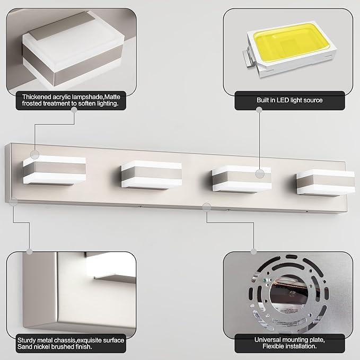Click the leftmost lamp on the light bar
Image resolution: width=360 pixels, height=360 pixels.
pyautogui.click(x=55, y=170)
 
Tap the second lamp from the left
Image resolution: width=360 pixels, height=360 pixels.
pyautogui.click(x=152, y=175)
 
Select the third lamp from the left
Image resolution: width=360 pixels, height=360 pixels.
pyautogui.click(x=242, y=179)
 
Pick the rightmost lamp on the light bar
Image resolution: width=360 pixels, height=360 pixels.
pyautogui.click(x=326, y=182)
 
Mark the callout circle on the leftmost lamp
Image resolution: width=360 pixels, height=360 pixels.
pyautogui.click(x=35, y=155)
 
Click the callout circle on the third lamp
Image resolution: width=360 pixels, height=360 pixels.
pyautogui.click(x=260, y=174)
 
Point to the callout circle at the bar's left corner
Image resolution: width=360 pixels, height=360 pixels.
pyautogui.click(x=14, y=201)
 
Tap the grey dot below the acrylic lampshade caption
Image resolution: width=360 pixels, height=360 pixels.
pyautogui.click(x=74, y=110)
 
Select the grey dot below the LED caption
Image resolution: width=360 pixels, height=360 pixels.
pyautogui.click(x=259, y=110)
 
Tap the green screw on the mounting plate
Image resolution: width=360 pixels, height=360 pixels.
pyautogui.click(x=265, y=280)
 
